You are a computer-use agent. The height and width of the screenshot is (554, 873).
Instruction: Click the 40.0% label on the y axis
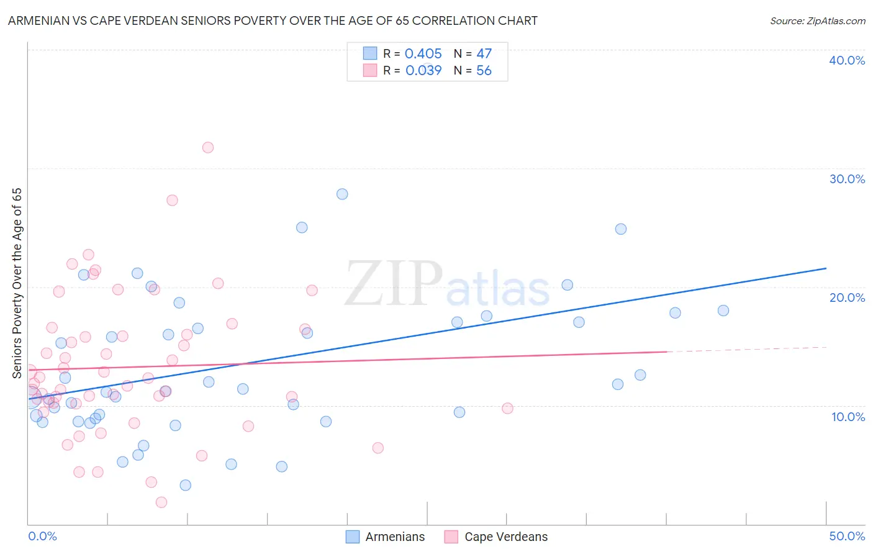[847, 60]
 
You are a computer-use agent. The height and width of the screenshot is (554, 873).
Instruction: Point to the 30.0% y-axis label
[847, 179]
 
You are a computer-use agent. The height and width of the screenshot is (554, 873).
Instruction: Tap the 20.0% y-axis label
[847, 297]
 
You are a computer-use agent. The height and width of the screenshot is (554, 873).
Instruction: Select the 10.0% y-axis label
[848, 417]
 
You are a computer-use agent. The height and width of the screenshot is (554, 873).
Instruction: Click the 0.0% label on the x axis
[42, 536]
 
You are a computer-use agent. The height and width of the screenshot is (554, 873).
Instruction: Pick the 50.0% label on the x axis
[847, 536]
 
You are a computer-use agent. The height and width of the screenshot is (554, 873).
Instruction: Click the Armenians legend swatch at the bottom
[353, 537]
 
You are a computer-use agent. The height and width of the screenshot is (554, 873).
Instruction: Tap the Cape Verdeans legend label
[506, 537]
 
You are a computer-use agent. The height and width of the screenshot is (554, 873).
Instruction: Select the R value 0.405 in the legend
[423, 54]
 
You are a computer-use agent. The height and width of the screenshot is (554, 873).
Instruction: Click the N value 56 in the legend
[484, 71]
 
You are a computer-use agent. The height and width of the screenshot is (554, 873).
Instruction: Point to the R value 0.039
[423, 71]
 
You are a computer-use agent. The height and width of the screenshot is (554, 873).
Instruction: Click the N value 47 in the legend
[484, 54]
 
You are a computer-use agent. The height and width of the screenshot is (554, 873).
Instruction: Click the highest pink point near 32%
[208, 147]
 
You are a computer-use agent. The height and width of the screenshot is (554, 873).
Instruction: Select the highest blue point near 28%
[342, 194]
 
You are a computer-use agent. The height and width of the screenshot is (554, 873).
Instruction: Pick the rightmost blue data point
[723, 311]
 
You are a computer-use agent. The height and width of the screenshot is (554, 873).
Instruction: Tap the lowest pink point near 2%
[161, 502]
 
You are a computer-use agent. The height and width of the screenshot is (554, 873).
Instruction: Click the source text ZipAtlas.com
[817, 21]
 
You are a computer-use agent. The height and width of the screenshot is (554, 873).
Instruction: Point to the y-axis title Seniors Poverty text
[17, 283]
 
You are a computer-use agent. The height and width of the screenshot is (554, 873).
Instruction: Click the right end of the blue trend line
[826, 268]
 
